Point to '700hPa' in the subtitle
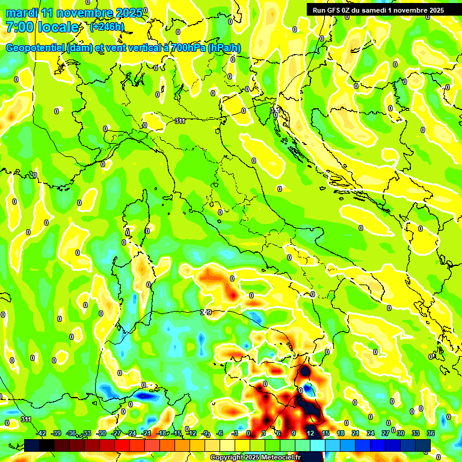click(x=185, y=48)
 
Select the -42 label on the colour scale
click(x=42, y=433)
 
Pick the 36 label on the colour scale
click(x=431, y=433)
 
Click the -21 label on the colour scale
click(x=146, y=433)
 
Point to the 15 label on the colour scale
click(x=325, y=433)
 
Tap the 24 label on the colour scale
click(x=371, y=433)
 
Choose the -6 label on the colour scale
click(x=220, y=433)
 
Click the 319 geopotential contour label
click(x=206, y=312)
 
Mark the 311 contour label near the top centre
click(x=179, y=121)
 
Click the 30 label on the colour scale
click(x=401, y=433)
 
